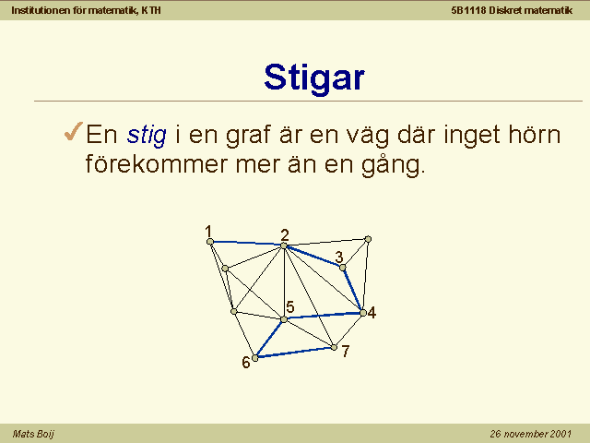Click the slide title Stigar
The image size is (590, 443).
[x=314, y=78]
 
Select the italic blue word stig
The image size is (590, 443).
[x=147, y=135]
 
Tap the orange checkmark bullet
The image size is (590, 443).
[x=74, y=131]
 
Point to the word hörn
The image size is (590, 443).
[x=535, y=134]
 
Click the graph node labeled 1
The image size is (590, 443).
[x=210, y=242]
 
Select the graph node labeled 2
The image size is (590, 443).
[x=284, y=245]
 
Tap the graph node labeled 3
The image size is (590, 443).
[x=342, y=268]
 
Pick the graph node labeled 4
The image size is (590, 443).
[x=363, y=313]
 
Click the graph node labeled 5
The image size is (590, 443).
[x=284, y=319]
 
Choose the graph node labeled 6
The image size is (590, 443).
[x=255, y=358]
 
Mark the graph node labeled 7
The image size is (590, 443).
[x=334, y=347]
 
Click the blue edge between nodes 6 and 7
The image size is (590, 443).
[x=294, y=353]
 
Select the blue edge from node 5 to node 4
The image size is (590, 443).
[x=324, y=316]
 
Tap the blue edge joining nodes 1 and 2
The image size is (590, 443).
[x=247, y=244]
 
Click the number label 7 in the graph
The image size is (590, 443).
[x=346, y=351]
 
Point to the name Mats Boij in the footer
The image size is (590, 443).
[x=33, y=434]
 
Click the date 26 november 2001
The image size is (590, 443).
[x=531, y=434]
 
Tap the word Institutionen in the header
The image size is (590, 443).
[x=41, y=10]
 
